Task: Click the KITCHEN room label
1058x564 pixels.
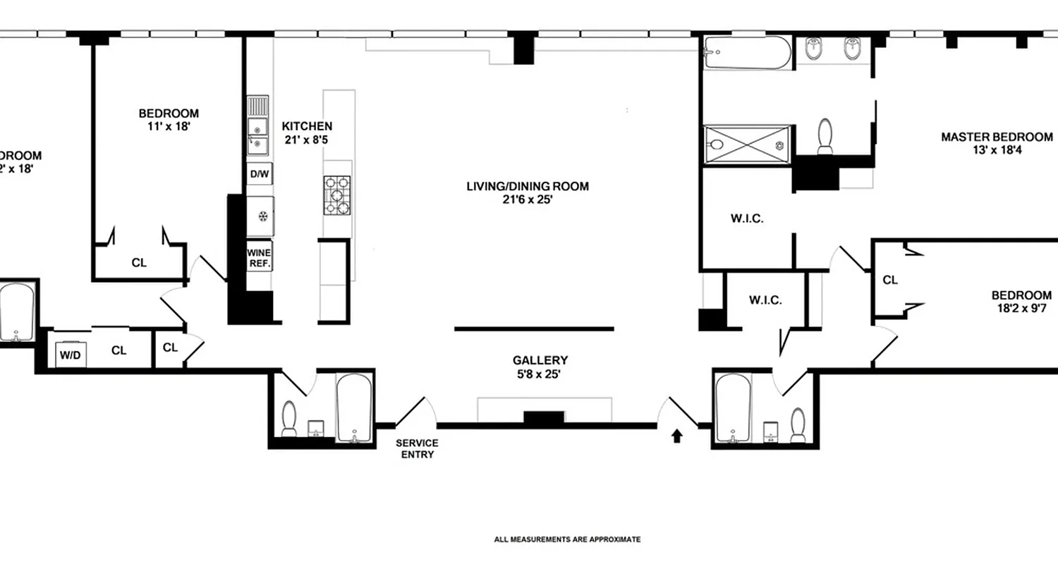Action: pyautogui.click(x=307, y=126)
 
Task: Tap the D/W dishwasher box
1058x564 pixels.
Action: pyautogui.click(x=259, y=174)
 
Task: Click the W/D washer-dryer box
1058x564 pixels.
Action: pyautogui.click(x=70, y=355)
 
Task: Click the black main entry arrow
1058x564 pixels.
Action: pyautogui.click(x=676, y=436)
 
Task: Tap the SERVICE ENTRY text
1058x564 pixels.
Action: pyautogui.click(x=416, y=448)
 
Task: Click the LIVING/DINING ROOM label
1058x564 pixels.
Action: pyautogui.click(x=527, y=187)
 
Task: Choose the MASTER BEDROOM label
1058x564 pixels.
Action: pyautogui.click(x=997, y=137)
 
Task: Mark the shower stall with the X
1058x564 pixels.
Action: pyautogui.click(x=746, y=145)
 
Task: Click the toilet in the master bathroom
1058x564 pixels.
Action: pyautogui.click(x=825, y=135)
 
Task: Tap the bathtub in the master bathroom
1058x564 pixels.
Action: pyautogui.click(x=746, y=54)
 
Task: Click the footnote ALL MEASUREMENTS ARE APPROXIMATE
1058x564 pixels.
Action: pyautogui.click(x=567, y=539)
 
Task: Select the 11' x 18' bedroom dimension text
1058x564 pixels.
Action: pyautogui.click(x=169, y=127)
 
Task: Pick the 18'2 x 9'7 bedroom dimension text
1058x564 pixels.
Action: pyautogui.click(x=1021, y=309)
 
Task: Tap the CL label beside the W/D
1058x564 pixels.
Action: pyautogui.click(x=119, y=350)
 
